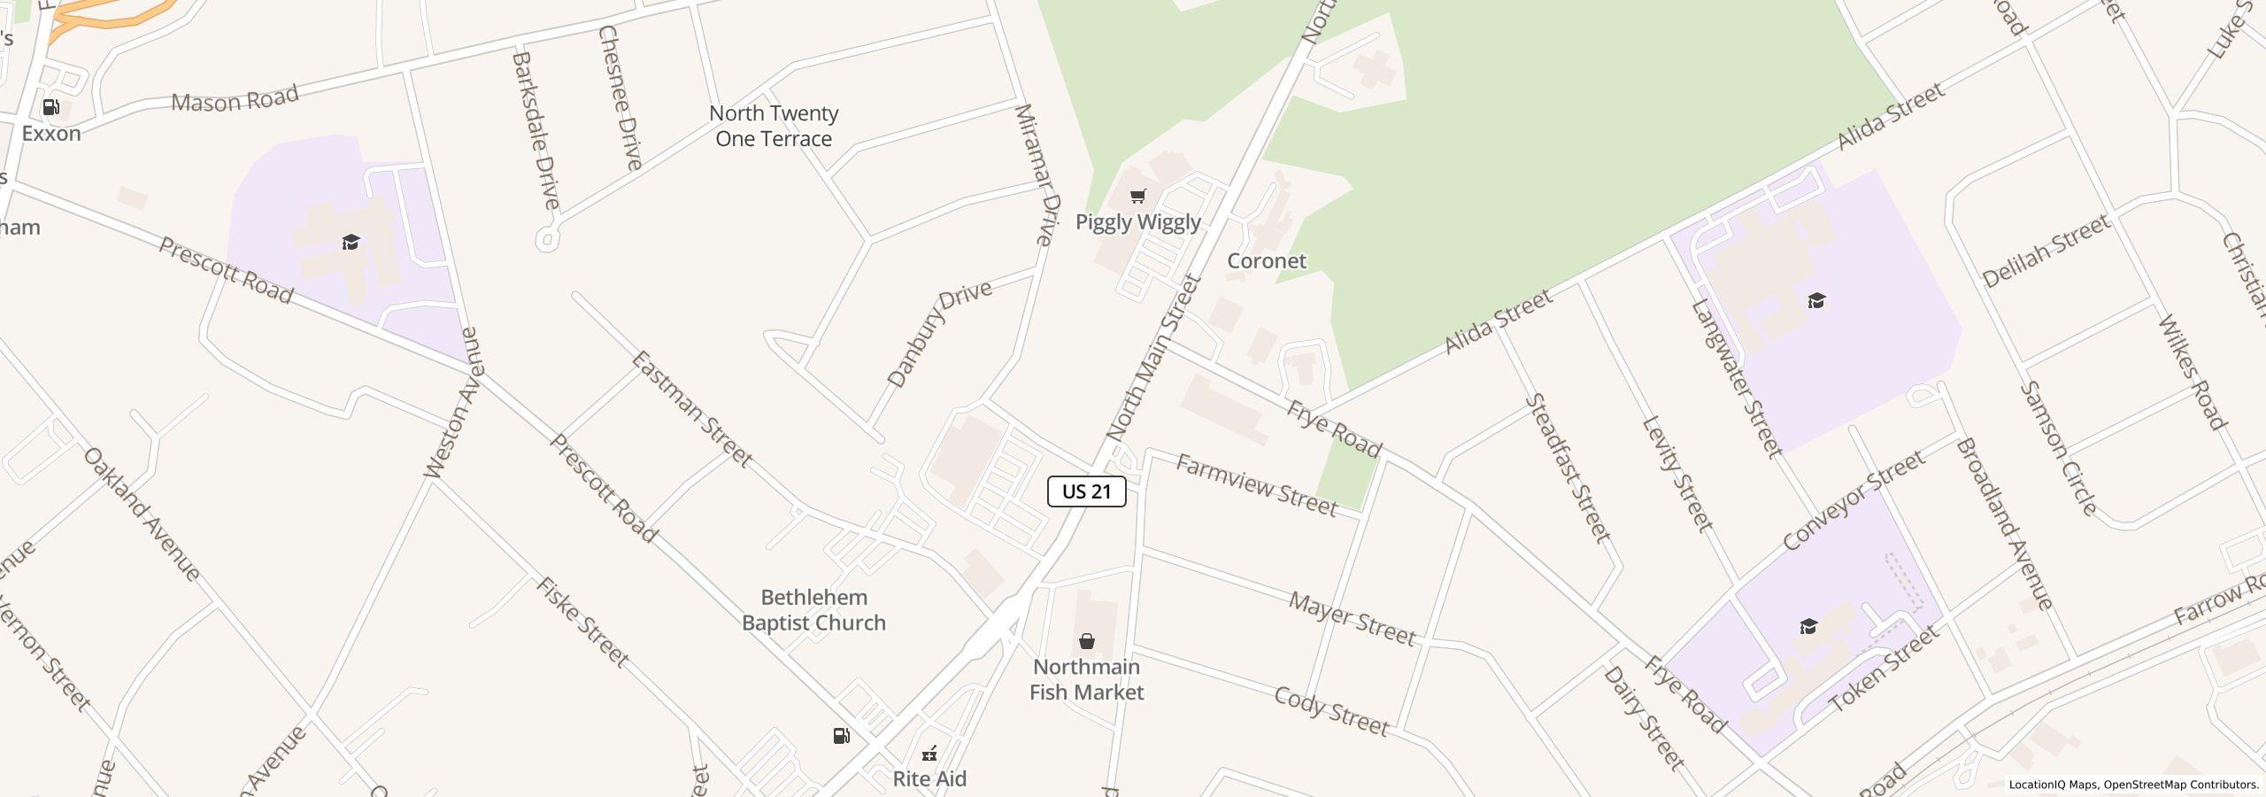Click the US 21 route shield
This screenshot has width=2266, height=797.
click(x=1086, y=491)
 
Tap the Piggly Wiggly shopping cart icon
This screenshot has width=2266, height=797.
click(x=1138, y=196)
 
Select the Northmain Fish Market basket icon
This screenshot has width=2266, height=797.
click(x=1086, y=641)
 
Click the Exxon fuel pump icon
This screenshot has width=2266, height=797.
click(x=51, y=108)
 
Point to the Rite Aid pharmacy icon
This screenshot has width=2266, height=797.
click(x=929, y=754)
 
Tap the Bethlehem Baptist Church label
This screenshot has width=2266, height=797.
click(x=813, y=610)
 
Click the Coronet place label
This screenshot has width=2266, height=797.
click(x=1266, y=260)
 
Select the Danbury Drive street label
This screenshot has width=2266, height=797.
click(x=939, y=335)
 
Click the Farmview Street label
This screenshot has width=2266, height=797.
click(x=1255, y=486)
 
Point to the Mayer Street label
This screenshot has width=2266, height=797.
click(x=1352, y=619)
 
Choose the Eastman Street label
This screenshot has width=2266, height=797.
click(x=691, y=409)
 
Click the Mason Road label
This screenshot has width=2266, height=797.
click(x=235, y=99)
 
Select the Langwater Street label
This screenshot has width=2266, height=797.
click(x=1736, y=378)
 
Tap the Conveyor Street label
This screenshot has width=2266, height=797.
click(x=1854, y=499)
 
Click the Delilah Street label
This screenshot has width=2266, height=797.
click(x=2046, y=252)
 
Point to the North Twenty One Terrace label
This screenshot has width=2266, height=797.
click(x=774, y=126)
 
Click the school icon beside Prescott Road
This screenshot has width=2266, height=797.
click(x=351, y=243)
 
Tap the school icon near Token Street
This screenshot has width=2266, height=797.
click(x=1808, y=627)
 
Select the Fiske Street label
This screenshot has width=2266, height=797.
click(x=582, y=623)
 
